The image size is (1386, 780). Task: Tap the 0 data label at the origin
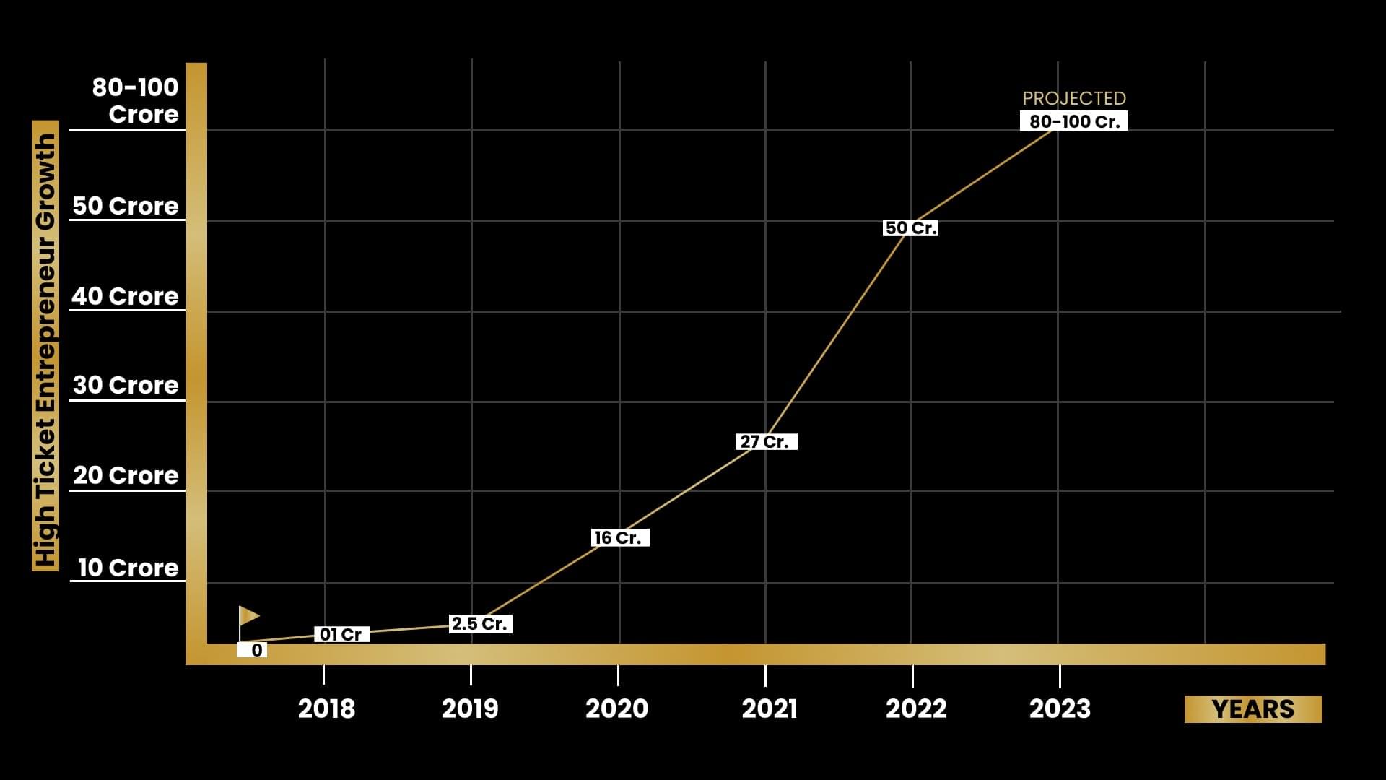click(253, 650)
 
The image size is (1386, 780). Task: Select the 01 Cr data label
click(341, 634)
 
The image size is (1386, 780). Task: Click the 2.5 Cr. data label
click(480, 624)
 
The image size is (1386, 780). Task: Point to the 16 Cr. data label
click(619, 538)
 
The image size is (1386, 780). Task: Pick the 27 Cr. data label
click(766, 441)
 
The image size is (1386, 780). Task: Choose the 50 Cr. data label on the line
click(911, 228)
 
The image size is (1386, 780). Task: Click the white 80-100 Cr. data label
click(1073, 121)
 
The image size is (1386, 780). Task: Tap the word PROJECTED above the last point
click(1074, 98)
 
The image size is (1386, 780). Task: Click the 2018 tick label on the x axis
click(326, 709)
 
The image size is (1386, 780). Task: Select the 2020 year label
click(616, 709)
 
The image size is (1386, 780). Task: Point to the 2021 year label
click(770, 709)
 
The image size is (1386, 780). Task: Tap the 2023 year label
click(1060, 709)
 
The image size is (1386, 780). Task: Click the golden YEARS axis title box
click(1253, 709)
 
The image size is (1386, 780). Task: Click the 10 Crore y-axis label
click(128, 568)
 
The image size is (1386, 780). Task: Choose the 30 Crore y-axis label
click(126, 385)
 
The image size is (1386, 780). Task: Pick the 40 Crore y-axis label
click(125, 296)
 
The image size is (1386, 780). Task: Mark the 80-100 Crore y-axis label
click(136, 100)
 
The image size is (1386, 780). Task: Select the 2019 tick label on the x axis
click(470, 709)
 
